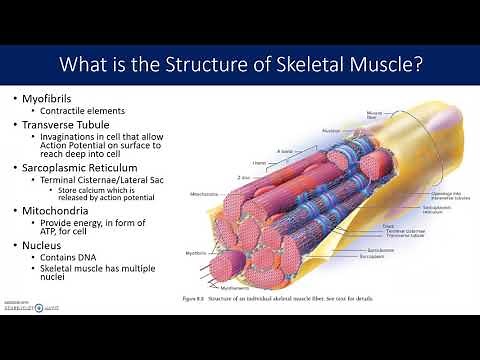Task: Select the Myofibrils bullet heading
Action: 55,101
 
